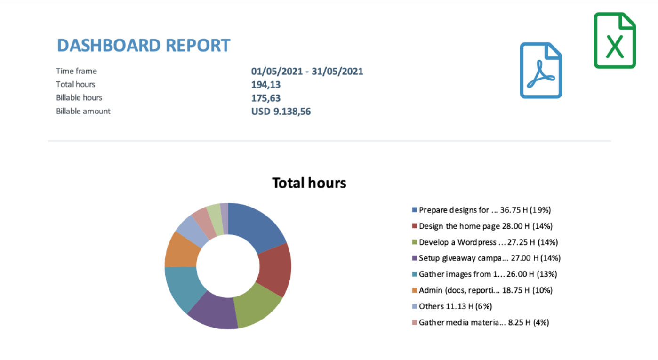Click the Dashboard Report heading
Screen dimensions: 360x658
(144, 46)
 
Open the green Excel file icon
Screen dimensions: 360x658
(615, 40)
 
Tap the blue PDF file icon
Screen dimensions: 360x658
(541, 71)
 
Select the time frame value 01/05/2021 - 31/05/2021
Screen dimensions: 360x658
(307, 72)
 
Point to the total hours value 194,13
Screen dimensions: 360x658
(266, 85)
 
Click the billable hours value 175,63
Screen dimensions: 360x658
(266, 98)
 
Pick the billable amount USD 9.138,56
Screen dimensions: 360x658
(281, 112)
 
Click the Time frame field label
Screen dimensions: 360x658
(76, 71)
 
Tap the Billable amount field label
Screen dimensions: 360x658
(83, 111)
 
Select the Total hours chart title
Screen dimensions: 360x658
(309, 183)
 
